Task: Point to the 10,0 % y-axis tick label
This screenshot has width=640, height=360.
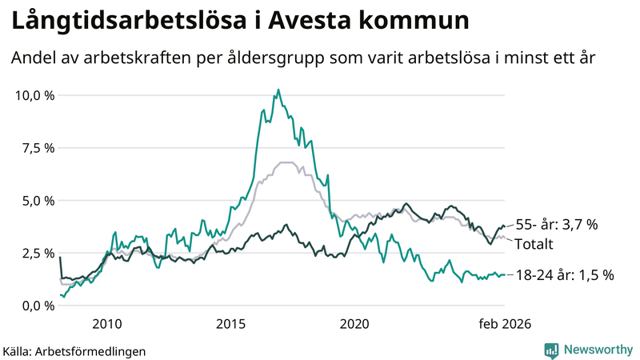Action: pos(35,95)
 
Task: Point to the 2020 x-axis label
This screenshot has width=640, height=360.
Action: pos(354,323)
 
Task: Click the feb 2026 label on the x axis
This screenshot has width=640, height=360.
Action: pos(505,323)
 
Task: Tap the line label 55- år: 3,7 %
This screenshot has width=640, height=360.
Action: pos(556,226)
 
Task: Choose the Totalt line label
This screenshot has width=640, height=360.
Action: pos(535,243)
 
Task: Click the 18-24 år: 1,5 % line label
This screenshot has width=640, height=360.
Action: pos(564,275)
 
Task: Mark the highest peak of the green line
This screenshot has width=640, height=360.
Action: pos(278,90)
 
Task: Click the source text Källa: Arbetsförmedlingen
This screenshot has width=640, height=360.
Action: pos(74,350)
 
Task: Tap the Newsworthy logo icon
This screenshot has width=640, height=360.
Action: pos(551,350)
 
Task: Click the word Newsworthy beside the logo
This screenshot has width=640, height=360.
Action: pos(598,350)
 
